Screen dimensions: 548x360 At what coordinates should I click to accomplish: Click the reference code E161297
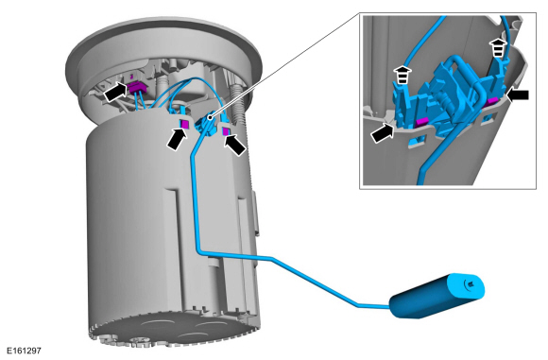point(24,351)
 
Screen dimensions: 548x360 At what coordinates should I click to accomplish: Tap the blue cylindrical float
point(437,296)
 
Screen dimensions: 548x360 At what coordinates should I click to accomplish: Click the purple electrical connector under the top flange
point(137,87)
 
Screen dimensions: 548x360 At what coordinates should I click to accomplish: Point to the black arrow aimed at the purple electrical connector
point(115,93)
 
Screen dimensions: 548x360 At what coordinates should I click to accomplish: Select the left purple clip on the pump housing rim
point(184,124)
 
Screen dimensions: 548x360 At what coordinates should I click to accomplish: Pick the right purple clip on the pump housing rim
point(226,131)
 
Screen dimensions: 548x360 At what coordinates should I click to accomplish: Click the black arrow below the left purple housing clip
point(177,139)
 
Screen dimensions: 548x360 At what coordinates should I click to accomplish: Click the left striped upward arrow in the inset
point(402,75)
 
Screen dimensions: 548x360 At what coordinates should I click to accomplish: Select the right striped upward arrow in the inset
point(498,48)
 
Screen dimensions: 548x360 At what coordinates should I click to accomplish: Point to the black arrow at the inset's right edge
point(518,95)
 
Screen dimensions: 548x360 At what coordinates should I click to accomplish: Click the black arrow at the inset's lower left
point(383,132)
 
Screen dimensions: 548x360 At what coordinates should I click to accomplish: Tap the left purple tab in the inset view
point(421,121)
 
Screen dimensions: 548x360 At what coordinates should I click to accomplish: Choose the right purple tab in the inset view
point(493,101)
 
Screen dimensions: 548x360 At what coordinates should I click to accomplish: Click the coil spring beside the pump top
point(237,103)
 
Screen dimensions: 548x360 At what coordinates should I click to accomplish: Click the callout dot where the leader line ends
point(210,117)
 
